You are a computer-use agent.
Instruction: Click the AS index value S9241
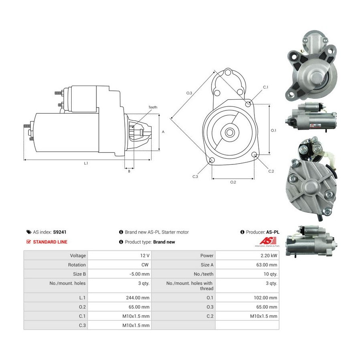tap(60, 232)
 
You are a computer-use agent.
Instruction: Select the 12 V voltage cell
tap(145, 256)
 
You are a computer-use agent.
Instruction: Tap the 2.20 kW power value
tap(269, 256)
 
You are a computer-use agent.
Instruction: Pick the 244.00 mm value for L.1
tap(138, 298)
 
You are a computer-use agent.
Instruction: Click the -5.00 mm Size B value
tap(139, 274)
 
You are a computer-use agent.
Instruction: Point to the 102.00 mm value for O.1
tap(266, 298)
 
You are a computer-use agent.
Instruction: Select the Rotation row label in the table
tap(77, 265)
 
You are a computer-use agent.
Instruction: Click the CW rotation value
tap(145, 265)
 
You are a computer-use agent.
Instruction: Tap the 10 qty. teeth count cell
tap(270, 274)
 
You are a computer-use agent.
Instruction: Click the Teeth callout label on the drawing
tap(153, 107)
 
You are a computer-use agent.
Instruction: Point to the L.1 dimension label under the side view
tap(86, 163)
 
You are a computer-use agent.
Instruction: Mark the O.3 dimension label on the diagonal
tap(189, 93)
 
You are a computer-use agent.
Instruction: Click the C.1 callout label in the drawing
tap(266, 87)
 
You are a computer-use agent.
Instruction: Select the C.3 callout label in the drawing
tap(195, 176)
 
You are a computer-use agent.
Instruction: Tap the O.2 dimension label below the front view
tap(233, 182)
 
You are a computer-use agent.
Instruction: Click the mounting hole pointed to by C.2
tap(254, 154)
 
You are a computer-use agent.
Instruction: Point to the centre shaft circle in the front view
tap(229, 132)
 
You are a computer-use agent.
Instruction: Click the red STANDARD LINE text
tap(50, 242)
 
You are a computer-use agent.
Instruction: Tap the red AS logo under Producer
tap(268, 241)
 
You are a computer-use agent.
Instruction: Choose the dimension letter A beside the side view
tap(163, 132)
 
